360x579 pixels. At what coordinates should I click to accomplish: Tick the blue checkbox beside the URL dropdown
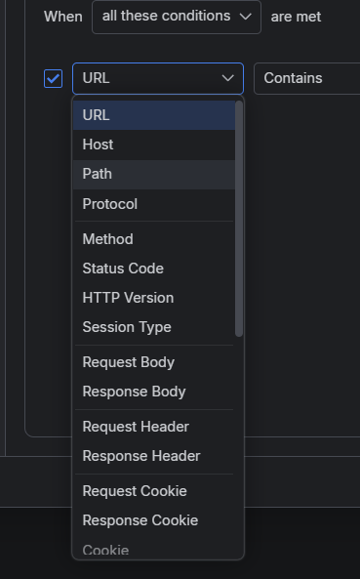[x=53, y=79]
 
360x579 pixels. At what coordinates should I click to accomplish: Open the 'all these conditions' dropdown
[x=177, y=17]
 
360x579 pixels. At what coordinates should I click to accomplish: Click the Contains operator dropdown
[x=307, y=78]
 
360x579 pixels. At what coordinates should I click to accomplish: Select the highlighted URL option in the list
[x=154, y=115]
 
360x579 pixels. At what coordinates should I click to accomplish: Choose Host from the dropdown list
[x=154, y=145]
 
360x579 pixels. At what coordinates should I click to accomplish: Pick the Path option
[x=154, y=174]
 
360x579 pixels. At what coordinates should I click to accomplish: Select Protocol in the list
[x=154, y=204]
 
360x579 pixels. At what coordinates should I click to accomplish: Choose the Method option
[x=154, y=239]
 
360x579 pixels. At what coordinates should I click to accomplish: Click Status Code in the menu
[x=154, y=269]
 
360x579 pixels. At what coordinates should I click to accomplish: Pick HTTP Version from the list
[x=154, y=298]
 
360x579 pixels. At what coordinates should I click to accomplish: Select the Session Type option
[x=154, y=327]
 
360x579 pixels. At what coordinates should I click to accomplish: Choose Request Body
[x=154, y=362]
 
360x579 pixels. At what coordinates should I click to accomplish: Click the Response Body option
[x=154, y=392]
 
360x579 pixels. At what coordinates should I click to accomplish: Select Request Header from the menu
[x=154, y=427]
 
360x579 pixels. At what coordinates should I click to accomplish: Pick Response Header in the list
[x=154, y=456]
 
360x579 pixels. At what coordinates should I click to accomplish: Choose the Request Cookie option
[x=154, y=491]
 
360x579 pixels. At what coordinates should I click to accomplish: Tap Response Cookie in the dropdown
[x=154, y=520]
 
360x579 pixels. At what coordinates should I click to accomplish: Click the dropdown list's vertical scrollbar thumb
[x=239, y=219]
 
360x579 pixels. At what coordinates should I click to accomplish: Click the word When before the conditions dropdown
[x=63, y=17]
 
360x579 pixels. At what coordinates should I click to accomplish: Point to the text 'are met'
[x=296, y=17]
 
